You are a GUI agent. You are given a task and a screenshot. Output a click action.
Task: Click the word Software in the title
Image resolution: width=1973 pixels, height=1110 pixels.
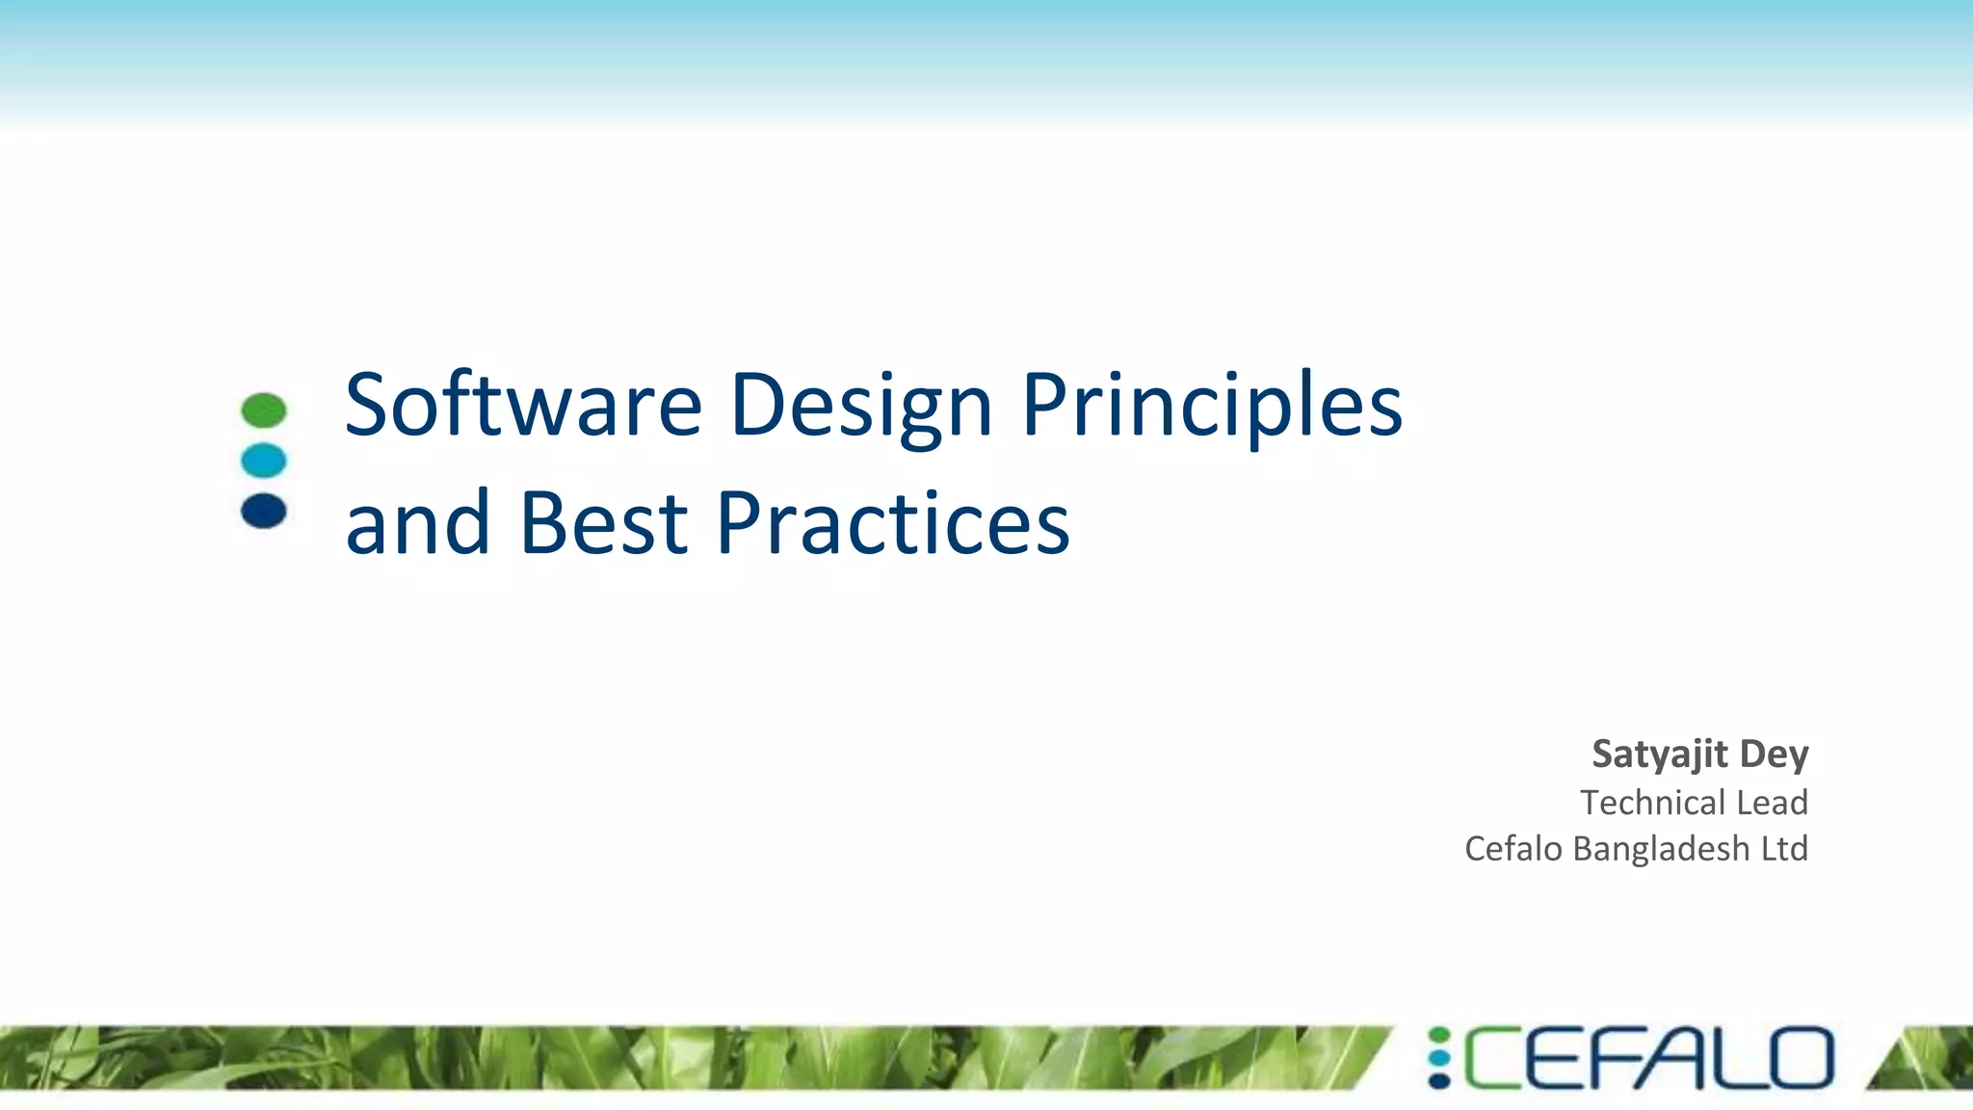click(523, 405)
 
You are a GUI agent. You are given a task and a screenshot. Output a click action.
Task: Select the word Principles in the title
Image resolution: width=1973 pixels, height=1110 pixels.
click(1211, 407)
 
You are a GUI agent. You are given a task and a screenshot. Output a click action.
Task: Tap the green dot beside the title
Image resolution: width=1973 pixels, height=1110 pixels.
click(264, 410)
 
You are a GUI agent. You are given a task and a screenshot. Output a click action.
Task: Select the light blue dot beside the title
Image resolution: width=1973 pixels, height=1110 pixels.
click(264, 461)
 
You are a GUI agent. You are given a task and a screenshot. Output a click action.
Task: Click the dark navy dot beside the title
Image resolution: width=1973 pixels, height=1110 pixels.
click(264, 511)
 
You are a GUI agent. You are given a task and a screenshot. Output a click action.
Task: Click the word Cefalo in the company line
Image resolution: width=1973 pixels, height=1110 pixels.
click(1513, 849)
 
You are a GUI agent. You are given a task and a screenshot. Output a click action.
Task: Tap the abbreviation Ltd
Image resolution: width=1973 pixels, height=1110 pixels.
click(1784, 849)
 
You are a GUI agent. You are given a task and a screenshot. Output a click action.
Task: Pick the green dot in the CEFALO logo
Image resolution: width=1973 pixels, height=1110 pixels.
click(1439, 1037)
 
